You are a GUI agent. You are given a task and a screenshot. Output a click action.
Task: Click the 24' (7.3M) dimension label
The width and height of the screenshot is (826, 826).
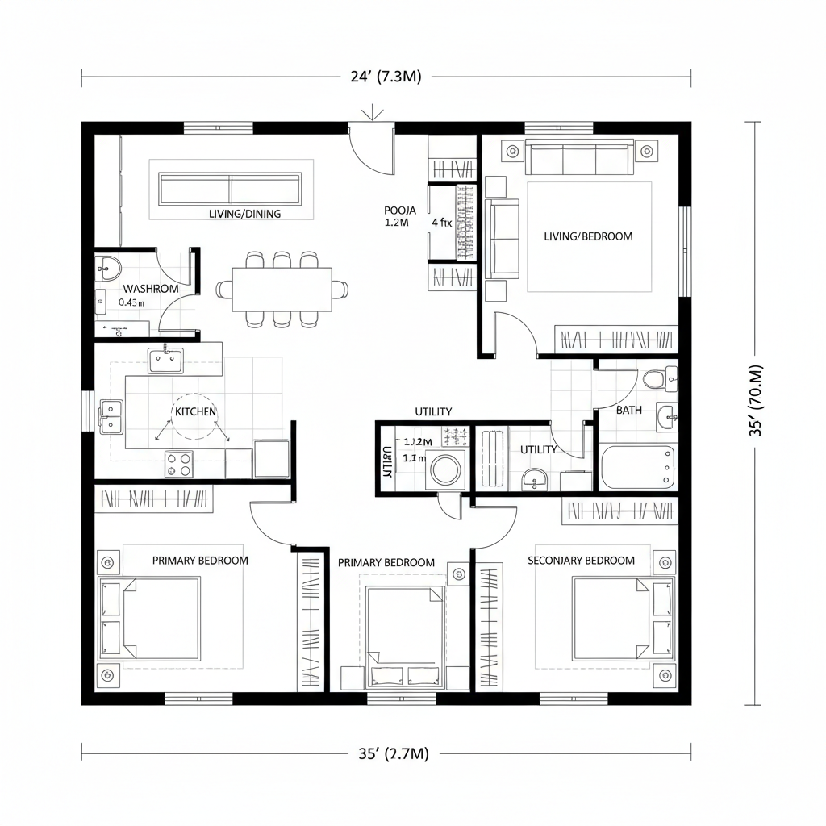click(386, 77)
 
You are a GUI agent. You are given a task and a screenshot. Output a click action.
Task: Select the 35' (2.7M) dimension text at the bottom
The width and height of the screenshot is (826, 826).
click(393, 754)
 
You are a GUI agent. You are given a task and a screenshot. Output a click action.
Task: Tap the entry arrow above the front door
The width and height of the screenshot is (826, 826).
click(371, 113)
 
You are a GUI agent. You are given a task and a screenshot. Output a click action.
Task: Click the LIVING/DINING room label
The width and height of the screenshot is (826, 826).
click(244, 214)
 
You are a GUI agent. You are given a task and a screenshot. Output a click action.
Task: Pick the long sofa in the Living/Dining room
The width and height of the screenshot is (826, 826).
click(231, 188)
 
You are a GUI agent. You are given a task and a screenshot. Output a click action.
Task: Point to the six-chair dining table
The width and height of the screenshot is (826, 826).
click(282, 289)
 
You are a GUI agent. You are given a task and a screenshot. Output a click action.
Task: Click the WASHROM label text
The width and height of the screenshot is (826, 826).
click(151, 288)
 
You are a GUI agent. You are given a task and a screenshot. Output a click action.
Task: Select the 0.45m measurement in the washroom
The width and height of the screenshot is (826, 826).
click(131, 302)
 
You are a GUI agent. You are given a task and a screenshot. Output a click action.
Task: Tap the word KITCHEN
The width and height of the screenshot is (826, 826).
click(195, 411)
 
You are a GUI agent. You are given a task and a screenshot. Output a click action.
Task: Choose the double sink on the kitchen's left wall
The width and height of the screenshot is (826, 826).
click(111, 416)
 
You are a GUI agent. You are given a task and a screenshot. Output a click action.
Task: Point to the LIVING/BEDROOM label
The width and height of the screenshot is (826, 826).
click(588, 236)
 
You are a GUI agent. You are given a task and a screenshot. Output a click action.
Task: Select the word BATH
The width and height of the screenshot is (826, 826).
click(629, 410)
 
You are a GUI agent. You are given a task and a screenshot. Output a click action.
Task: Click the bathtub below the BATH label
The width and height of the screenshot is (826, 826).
click(639, 467)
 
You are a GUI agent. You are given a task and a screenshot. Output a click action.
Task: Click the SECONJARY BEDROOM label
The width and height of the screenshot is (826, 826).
click(581, 561)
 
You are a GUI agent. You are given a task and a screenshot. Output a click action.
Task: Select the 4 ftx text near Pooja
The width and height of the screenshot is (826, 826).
click(441, 223)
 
